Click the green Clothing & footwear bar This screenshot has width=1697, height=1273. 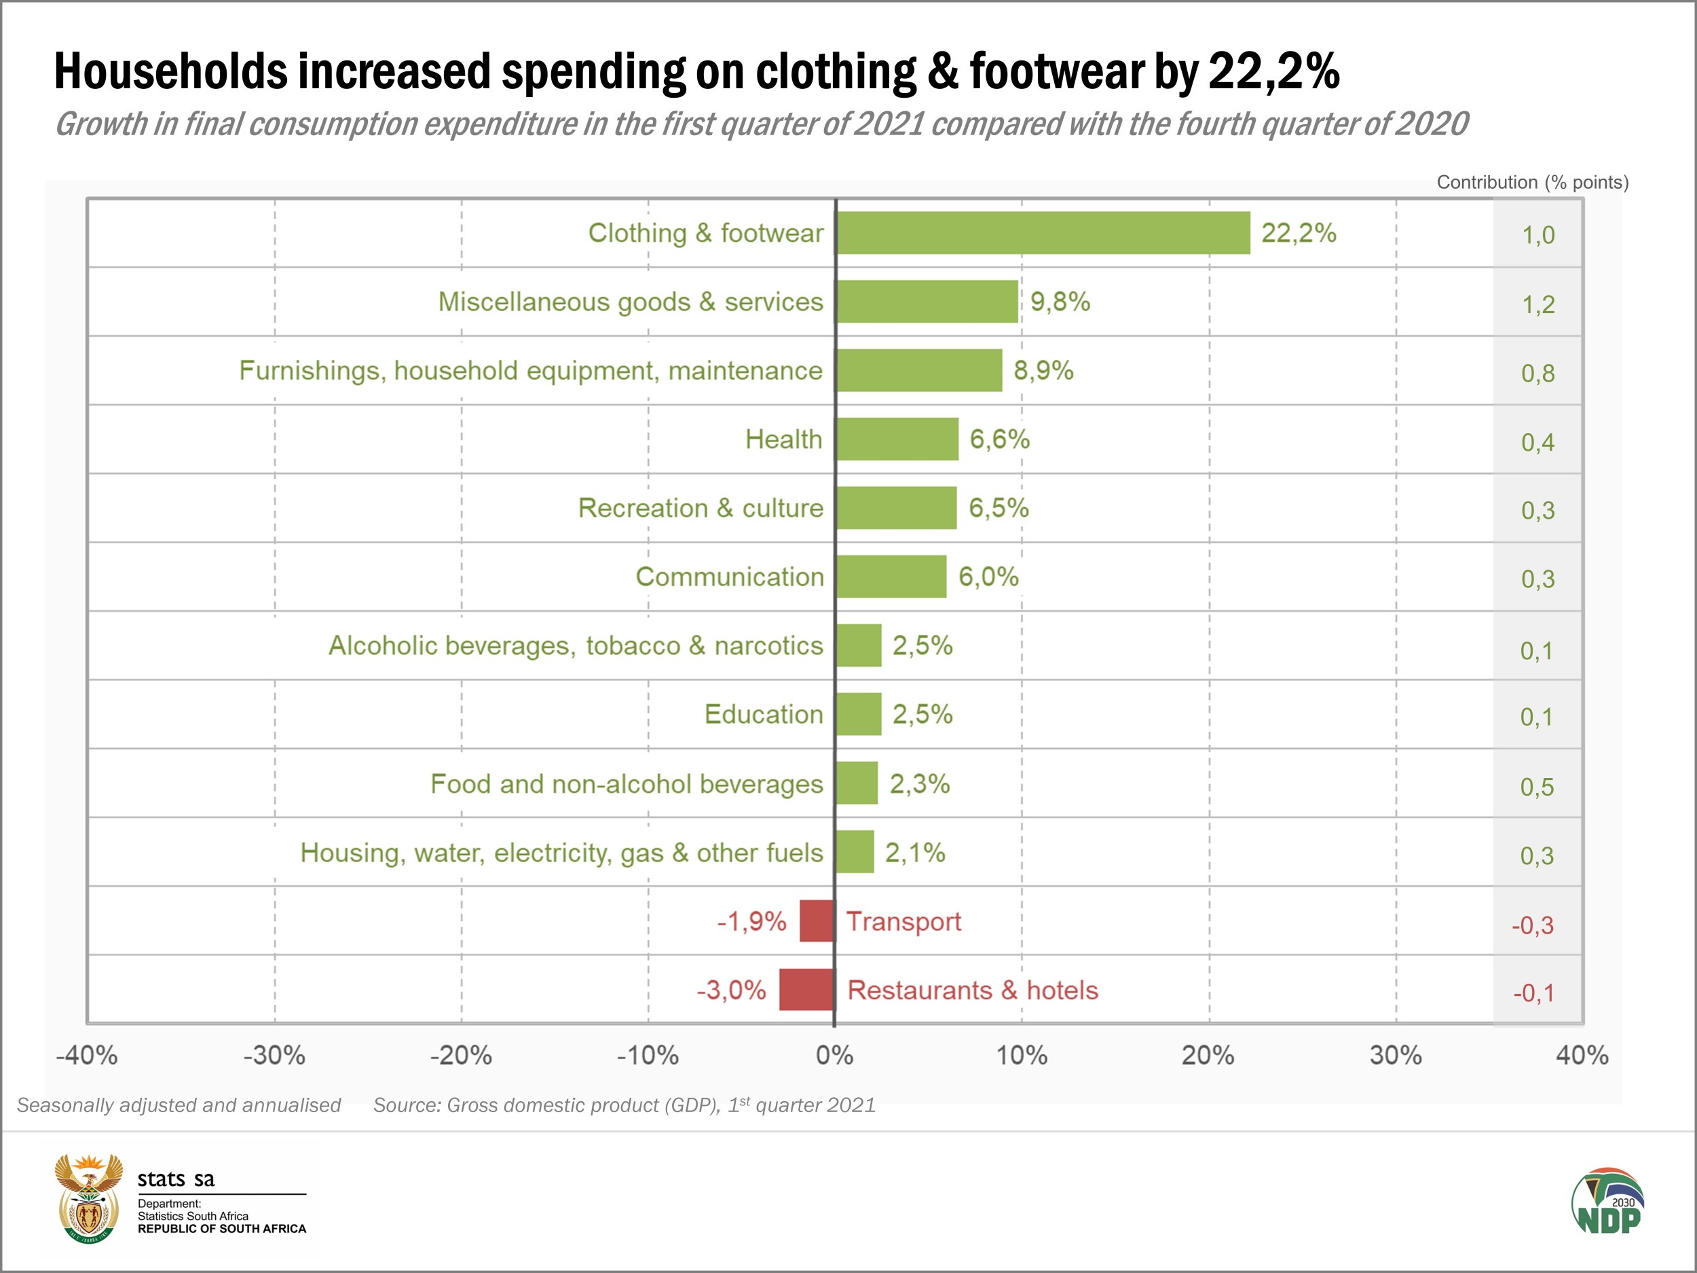click(x=1043, y=232)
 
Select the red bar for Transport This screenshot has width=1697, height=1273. click(x=817, y=921)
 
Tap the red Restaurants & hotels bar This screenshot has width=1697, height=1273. click(x=806, y=989)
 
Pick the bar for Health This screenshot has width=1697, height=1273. click(x=897, y=439)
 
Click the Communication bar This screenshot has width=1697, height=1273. click(x=891, y=576)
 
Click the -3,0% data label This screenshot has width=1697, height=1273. click(x=731, y=990)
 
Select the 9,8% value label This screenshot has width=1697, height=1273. click(x=1060, y=301)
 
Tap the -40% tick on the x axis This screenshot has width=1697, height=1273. click(x=87, y=1056)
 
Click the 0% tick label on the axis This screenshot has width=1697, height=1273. click(x=835, y=1056)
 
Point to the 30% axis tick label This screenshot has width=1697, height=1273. click(x=1396, y=1056)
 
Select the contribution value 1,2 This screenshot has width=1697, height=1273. click(x=1538, y=305)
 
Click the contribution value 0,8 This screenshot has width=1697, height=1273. click(x=1538, y=373)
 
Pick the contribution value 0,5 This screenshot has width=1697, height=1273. click(x=1537, y=786)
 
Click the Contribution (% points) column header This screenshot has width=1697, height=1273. click(x=1532, y=183)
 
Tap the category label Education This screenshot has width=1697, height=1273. click(x=764, y=714)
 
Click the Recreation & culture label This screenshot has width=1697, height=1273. click(x=701, y=508)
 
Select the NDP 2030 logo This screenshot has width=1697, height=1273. click(x=1608, y=1202)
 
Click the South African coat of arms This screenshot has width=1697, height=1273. click(x=89, y=1198)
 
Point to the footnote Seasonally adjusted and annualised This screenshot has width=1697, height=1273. click(x=179, y=1105)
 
